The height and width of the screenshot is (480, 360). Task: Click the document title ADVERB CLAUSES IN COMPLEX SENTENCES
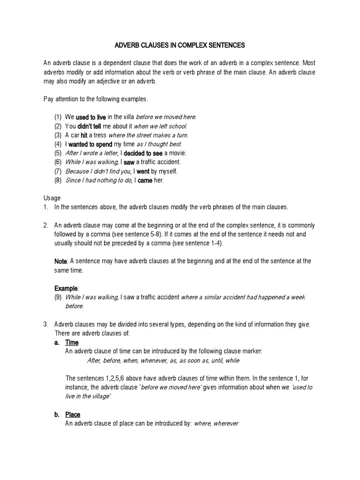[x=180, y=45]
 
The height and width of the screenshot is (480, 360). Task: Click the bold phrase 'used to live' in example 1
[x=91, y=117]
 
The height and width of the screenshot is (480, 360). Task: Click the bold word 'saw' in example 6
[x=129, y=162]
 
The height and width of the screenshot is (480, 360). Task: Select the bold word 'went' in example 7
[x=143, y=171]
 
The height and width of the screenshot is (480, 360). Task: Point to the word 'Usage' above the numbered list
[x=52, y=198]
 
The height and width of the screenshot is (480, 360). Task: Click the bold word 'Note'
[x=61, y=261]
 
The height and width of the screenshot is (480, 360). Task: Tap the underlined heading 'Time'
[x=72, y=343]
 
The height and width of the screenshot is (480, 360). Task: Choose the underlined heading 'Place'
[x=73, y=414]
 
